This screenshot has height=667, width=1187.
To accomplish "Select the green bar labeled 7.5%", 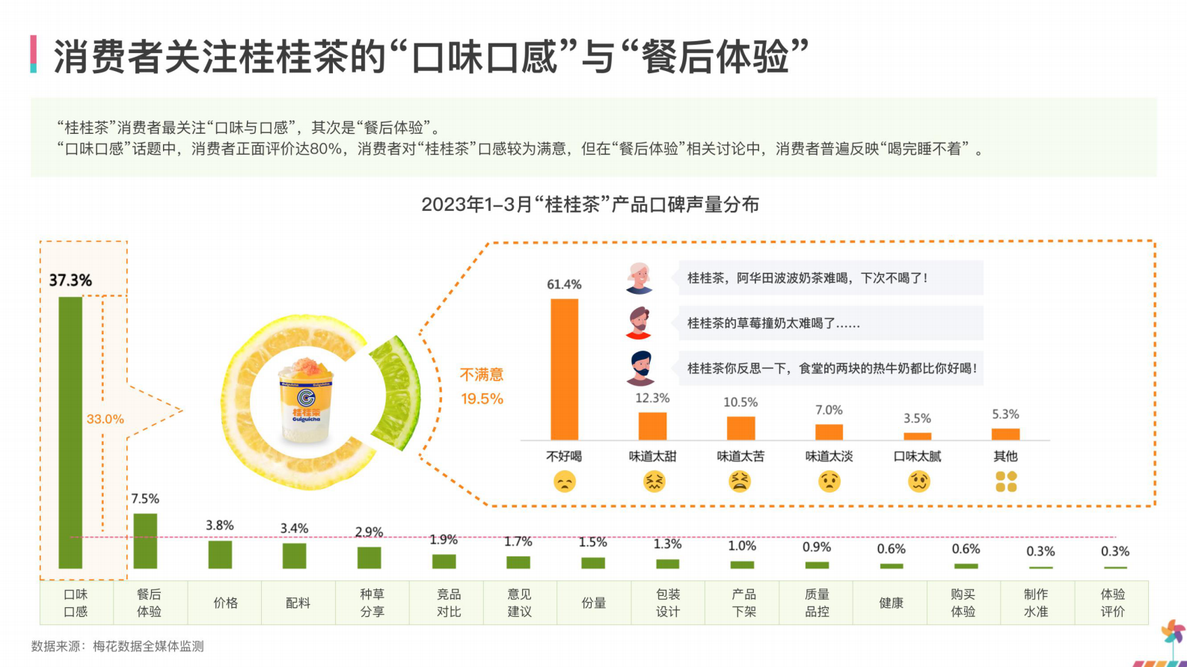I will (x=145, y=541).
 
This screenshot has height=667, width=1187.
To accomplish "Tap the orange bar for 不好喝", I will (x=564, y=369).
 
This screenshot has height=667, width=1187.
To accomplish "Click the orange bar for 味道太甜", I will (x=652, y=426).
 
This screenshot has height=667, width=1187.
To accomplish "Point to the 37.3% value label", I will (x=70, y=280).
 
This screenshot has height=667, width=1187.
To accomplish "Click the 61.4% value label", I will (x=564, y=284).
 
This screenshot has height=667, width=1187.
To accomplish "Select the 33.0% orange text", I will (x=105, y=419).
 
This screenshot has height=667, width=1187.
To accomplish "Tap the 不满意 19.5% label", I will (x=482, y=386).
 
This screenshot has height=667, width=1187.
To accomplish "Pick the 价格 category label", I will (x=225, y=603).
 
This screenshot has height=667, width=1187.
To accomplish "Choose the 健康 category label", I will (x=891, y=603).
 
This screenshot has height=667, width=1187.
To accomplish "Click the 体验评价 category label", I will (x=1112, y=603).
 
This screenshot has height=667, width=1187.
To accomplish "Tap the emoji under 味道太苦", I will (x=740, y=482).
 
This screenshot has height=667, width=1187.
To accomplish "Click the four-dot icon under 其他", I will (x=1006, y=482).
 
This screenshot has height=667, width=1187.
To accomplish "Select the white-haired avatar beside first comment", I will (x=639, y=277).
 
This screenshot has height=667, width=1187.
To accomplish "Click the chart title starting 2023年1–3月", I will (x=590, y=204).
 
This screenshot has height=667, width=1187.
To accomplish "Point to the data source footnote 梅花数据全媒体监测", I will (x=117, y=646).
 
